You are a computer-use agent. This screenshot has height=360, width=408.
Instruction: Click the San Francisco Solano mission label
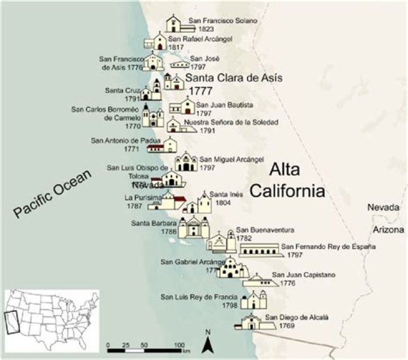(x=223, y=21)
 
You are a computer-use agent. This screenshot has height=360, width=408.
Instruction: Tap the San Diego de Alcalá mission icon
(x=249, y=321)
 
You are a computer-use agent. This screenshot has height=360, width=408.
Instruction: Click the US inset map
(x=52, y=318)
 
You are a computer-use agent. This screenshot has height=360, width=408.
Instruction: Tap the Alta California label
(x=287, y=180)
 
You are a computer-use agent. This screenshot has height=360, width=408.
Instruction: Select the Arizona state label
(x=388, y=230)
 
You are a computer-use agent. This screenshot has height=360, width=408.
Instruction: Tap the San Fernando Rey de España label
(x=329, y=247)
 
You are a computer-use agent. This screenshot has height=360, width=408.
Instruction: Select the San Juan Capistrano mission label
(x=304, y=275)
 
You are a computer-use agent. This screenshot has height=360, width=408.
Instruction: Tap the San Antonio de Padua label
(x=126, y=141)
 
